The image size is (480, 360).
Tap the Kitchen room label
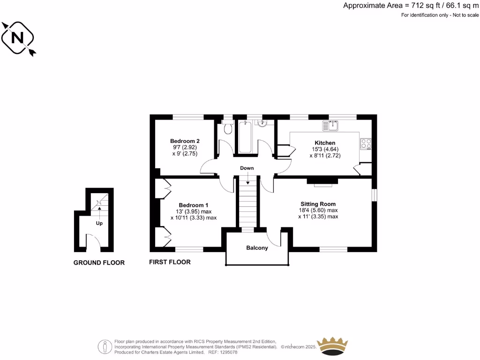325,143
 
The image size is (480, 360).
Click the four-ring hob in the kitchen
366,143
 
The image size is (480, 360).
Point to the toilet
228,128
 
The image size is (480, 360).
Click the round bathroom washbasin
263,124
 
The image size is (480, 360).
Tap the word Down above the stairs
247,168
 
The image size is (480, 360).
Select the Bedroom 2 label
185,141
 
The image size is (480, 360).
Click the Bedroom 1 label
194,205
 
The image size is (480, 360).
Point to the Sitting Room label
318,204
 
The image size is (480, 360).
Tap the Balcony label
257,247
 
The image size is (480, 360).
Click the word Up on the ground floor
99,224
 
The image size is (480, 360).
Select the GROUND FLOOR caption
99,263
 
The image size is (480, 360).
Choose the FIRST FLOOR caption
170,262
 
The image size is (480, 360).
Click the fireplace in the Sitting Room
322,182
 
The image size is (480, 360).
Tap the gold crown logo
333,346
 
